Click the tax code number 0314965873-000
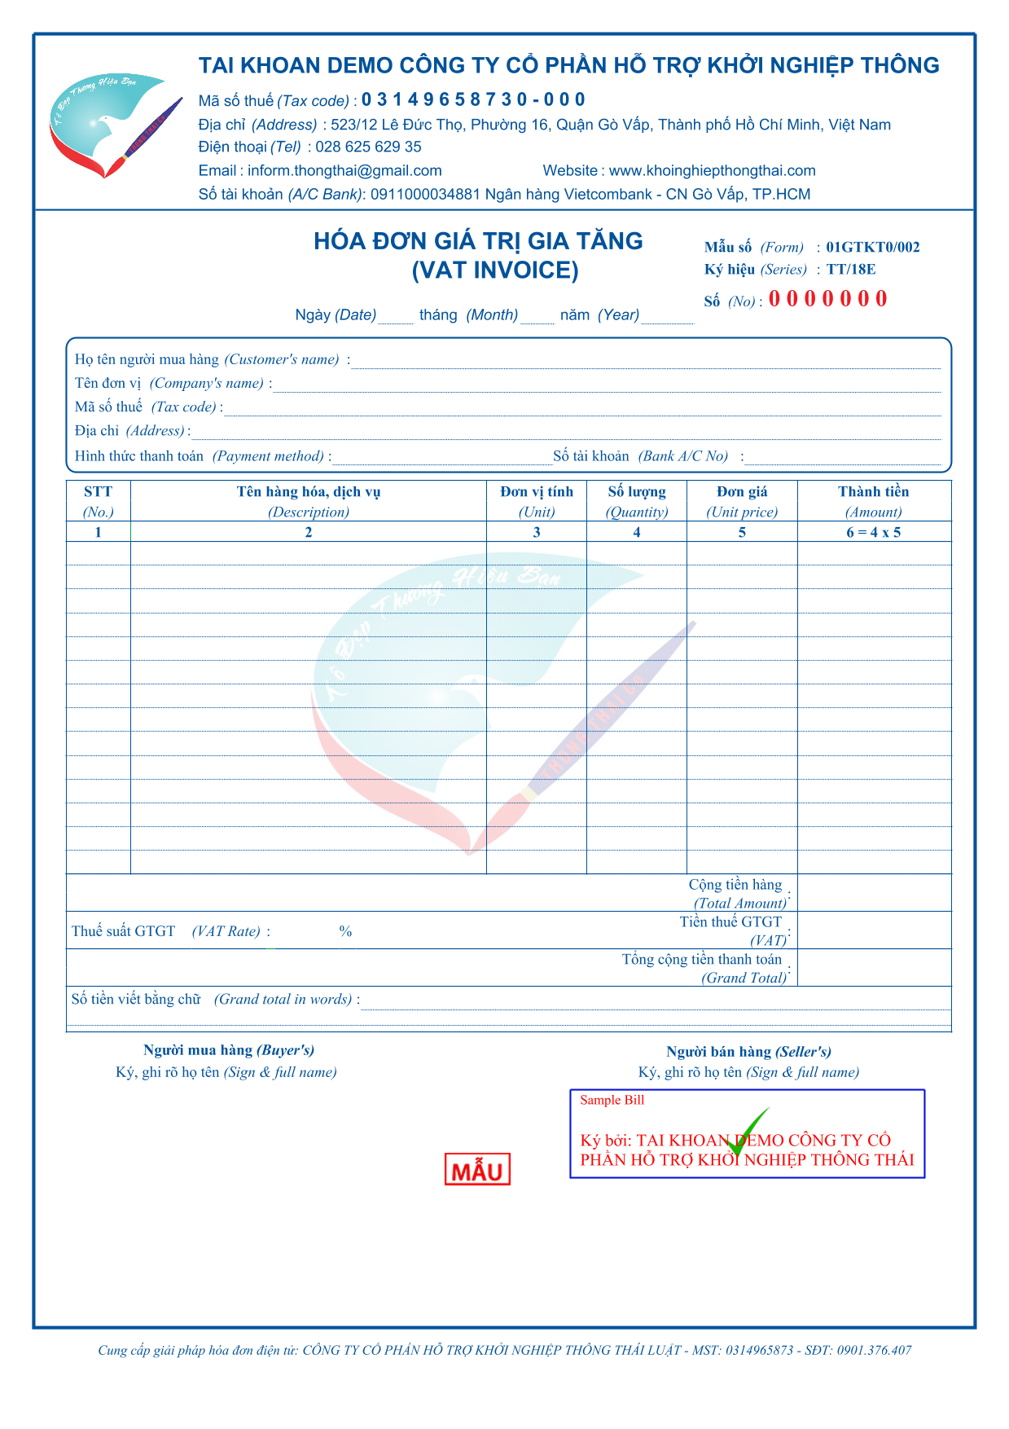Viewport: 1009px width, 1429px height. pyautogui.click(x=473, y=100)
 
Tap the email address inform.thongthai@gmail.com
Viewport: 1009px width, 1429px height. pyautogui.click(x=344, y=171)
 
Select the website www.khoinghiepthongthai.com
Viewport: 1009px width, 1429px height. pyautogui.click(x=712, y=171)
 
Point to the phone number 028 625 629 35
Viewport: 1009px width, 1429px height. pyautogui.click(x=368, y=147)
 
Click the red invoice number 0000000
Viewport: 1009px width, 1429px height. pyautogui.click(x=827, y=299)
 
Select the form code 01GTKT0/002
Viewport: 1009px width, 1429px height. pyautogui.click(x=872, y=248)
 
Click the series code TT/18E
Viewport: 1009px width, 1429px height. pyautogui.click(x=851, y=270)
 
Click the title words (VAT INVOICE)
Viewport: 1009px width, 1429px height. pyautogui.click(x=495, y=270)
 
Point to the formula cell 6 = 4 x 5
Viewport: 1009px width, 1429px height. pyautogui.click(x=873, y=533)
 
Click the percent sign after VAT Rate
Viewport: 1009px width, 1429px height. pyautogui.click(x=345, y=931)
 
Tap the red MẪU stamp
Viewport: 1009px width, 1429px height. pyautogui.click(x=477, y=1170)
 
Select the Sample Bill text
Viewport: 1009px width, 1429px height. pyautogui.click(x=612, y=1101)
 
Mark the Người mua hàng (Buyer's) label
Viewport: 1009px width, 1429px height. pyautogui.click(x=229, y=1051)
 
